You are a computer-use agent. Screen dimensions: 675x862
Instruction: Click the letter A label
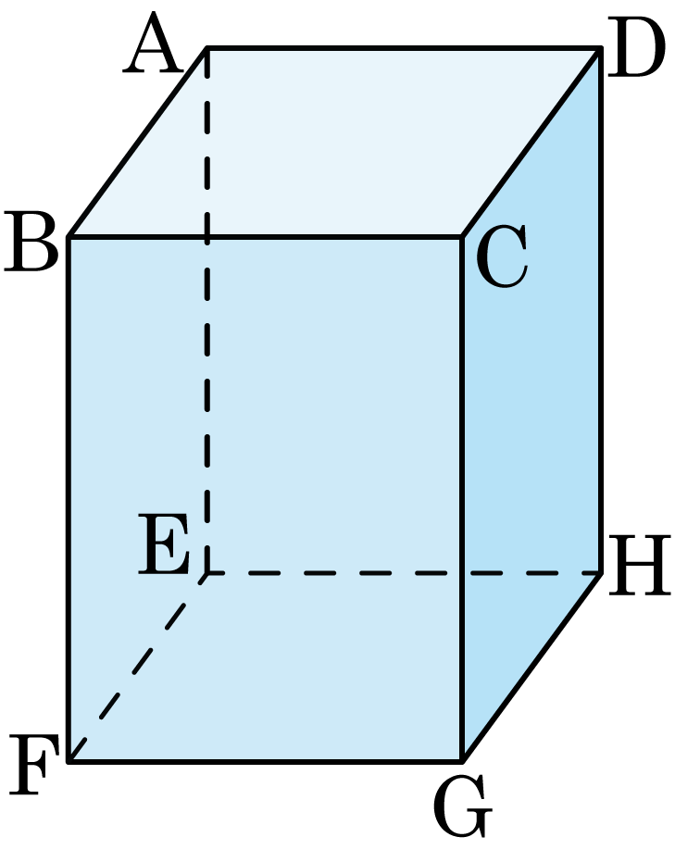coord(153,44)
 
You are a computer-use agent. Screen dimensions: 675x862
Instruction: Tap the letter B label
coord(31,243)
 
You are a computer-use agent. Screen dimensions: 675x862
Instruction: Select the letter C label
coord(502,256)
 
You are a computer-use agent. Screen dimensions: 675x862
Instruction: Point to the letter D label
coord(636,47)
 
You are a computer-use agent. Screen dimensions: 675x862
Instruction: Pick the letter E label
coord(164,544)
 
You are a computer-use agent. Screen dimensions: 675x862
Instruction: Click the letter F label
coord(34,765)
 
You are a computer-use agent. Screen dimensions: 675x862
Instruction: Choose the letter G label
coord(462,806)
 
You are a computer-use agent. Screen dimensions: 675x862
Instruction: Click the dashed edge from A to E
coord(207,310)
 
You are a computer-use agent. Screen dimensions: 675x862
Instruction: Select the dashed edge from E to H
coord(404,573)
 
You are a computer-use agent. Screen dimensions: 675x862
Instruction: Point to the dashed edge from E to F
coord(138,667)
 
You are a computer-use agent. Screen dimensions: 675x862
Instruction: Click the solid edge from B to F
coord(69,499)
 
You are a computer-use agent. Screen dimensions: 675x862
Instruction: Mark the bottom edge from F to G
coord(266,761)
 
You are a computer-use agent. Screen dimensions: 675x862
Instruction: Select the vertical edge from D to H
coord(601,310)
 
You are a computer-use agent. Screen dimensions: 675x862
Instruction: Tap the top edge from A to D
coord(404,48)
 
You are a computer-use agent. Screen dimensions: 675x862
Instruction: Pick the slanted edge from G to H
coord(532,667)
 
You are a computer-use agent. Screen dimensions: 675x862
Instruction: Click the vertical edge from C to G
coord(462,499)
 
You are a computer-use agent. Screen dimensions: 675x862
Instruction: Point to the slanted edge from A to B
coord(138,143)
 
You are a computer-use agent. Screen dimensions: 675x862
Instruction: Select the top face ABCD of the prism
coord(335,143)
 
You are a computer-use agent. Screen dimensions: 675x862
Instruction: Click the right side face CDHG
coord(531,405)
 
